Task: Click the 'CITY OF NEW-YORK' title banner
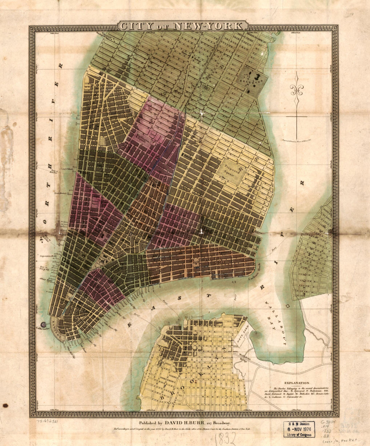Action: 183,26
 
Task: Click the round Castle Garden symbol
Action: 43,325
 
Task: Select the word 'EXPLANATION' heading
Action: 297,383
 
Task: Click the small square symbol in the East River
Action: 287,306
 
